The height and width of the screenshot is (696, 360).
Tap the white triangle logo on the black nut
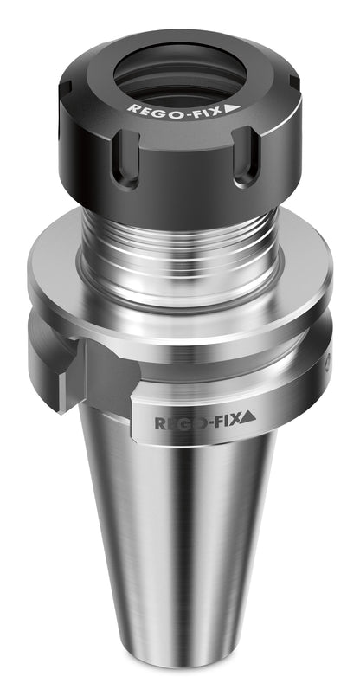coord(232,108)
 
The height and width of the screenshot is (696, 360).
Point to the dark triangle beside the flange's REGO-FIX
coord(247,416)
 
